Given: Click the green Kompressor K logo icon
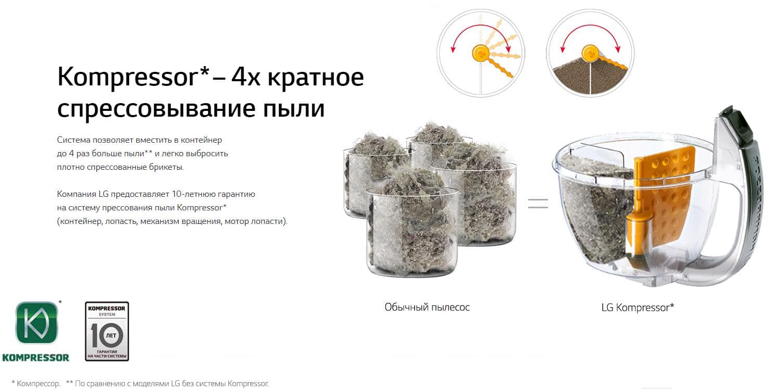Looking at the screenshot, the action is click(x=36, y=322).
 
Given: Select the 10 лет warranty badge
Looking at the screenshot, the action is click(x=107, y=331).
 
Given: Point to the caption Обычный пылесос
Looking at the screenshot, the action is click(x=427, y=307).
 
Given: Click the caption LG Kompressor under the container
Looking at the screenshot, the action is click(x=638, y=308).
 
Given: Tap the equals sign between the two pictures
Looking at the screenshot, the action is click(x=538, y=204).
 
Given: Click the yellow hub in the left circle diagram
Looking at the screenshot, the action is click(x=481, y=53).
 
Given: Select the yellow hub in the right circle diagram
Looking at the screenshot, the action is click(x=590, y=53).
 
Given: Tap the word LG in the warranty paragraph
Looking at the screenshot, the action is click(x=103, y=194).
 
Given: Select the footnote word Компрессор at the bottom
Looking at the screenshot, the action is click(x=39, y=384).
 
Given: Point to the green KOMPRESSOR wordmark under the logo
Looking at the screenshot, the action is click(x=36, y=358).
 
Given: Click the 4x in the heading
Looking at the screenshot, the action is click(x=246, y=78).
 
